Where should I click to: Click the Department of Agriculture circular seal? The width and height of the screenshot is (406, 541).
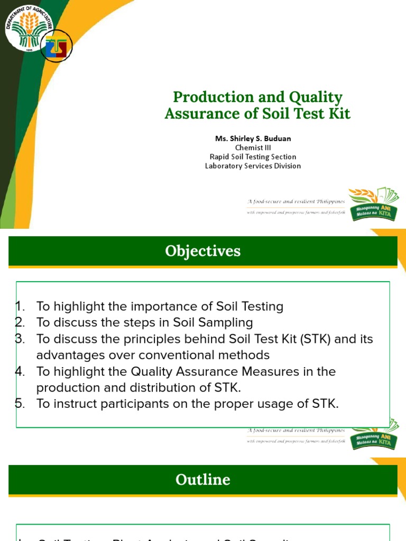pyautogui.click(x=29, y=30)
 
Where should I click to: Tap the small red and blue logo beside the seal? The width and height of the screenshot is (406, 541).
pyautogui.click(x=57, y=48)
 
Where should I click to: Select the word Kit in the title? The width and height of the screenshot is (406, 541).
pyautogui.click(x=339, y=113)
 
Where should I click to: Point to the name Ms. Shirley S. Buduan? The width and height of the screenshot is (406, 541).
pyautogui.click(x=253, y=138)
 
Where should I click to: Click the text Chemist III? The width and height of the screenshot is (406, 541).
pyautogui.click(x=253, y=147)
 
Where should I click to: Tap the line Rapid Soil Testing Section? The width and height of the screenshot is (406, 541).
pyautogui.click(x=253, y=156)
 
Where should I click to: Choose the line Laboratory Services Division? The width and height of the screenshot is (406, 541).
pyautogui.click(x=253, y=166)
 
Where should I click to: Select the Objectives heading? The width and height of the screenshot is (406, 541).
pyautogui.click(x=202, y=251)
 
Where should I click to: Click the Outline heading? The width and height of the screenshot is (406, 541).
pyautogui.click(x=202, y=480)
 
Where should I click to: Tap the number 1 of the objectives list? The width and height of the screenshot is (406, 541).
pyautogui.click(x=20, y=306)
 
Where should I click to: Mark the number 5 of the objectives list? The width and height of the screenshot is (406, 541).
pyautogui.click(x=20, y=404)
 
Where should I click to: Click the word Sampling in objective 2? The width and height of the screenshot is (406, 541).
pyautogui.click(x=228, y=322)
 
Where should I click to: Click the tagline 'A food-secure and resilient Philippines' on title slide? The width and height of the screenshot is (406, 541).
pyautogui.click(x=296, y=201)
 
